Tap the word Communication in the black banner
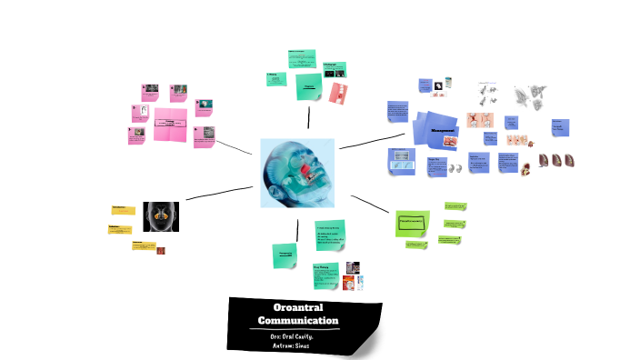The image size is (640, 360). (x=297, y=321)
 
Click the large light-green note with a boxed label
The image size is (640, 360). (x=412, y=223)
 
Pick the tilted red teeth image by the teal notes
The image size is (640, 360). (x=338, y=93)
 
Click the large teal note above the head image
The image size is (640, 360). (x=308, y=86)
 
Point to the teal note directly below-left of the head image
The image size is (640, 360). (x=284, y=255)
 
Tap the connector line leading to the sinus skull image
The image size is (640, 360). (x=219, y=193)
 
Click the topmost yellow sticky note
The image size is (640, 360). (x=124, y=210)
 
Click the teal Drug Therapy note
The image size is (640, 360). (x=325, y=274)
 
